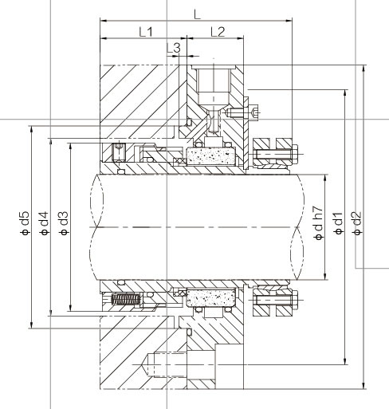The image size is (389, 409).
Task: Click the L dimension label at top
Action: click(197, 14)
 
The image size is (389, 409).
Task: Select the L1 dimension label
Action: click(146, 32)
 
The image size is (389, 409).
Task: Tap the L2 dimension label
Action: click(218, 32)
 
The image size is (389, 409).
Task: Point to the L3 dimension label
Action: click(173, 48)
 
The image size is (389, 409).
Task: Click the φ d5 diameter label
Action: click(25, 223)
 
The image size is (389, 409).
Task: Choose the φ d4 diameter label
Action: click(44, 223)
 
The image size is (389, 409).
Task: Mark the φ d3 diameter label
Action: click(64, 223)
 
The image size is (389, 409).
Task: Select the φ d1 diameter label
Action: click(338, 223)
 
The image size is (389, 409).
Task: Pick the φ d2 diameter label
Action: click(357, 223)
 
